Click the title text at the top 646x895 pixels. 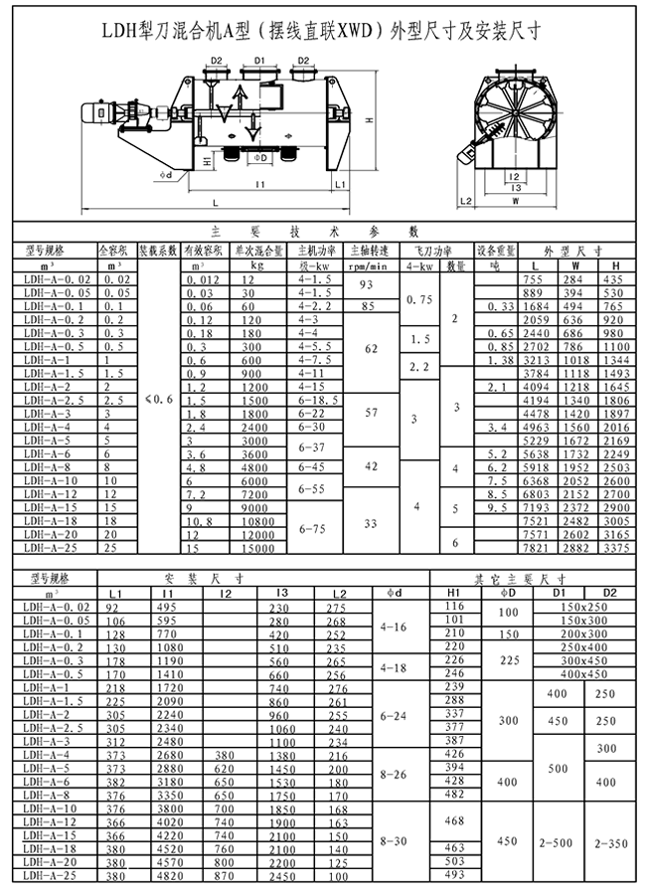[322, 31]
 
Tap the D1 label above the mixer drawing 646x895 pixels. [258, 61]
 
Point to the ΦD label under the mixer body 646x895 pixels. [256, 157]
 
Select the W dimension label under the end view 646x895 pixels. [515, 200]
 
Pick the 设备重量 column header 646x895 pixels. [494, 250]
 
